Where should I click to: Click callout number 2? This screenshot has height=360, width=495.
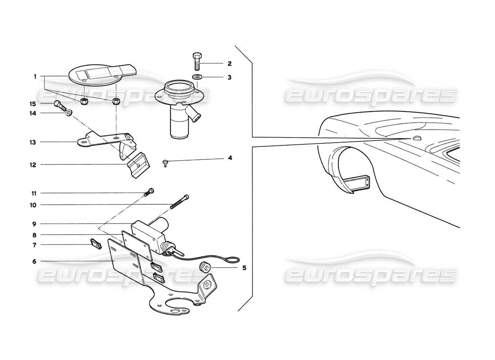[229, 63]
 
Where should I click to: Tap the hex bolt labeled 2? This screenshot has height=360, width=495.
[198, 62]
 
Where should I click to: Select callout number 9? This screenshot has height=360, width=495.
[34, 224]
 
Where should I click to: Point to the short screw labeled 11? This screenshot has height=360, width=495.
[149, 192]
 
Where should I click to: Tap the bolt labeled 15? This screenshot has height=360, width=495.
[59, 106]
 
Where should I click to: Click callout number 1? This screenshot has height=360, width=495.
[34, 77]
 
